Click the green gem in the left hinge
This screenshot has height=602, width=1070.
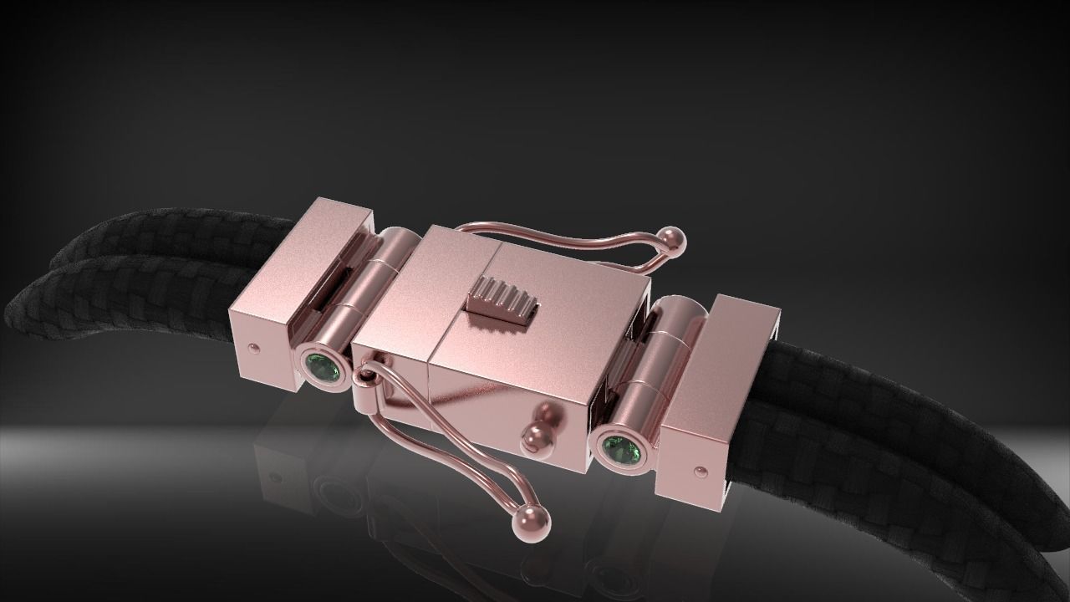(321, 368)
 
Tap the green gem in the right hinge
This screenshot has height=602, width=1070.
(619, 449)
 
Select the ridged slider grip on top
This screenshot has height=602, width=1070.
(500, 300)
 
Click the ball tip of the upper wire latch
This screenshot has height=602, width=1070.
(674, 240)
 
